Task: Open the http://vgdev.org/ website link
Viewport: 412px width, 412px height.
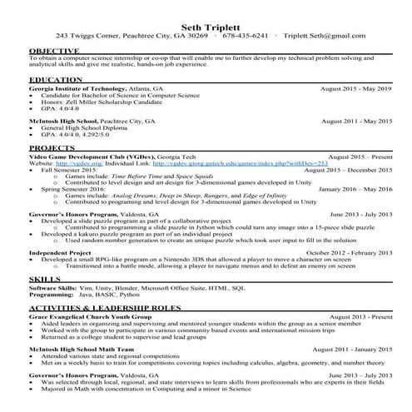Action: [70, 163]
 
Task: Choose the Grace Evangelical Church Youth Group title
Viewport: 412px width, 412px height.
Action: [87, 318]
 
